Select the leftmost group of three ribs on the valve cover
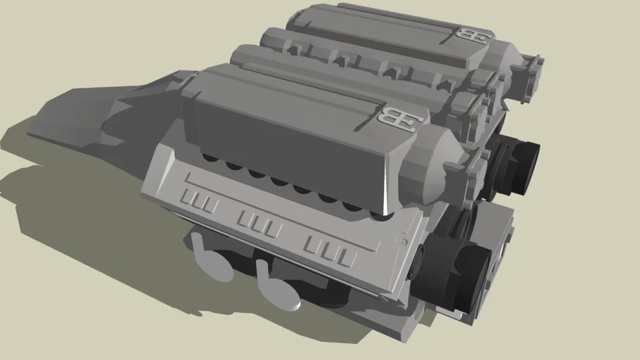(x=199, y=202)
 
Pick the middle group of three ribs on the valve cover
(x=260, y=224)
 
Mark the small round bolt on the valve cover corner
(x=404, y=240)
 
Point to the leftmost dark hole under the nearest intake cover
(x=210, y=158)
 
